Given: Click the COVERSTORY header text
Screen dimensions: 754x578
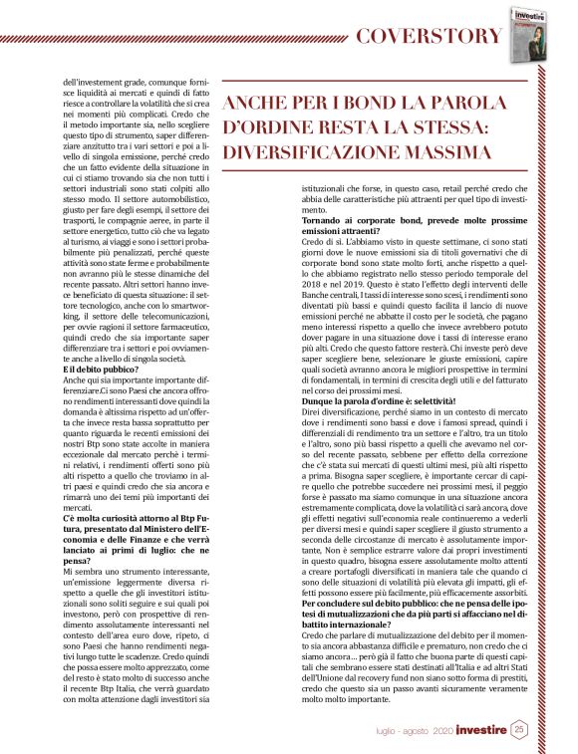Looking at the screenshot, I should [x=430, y=36].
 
